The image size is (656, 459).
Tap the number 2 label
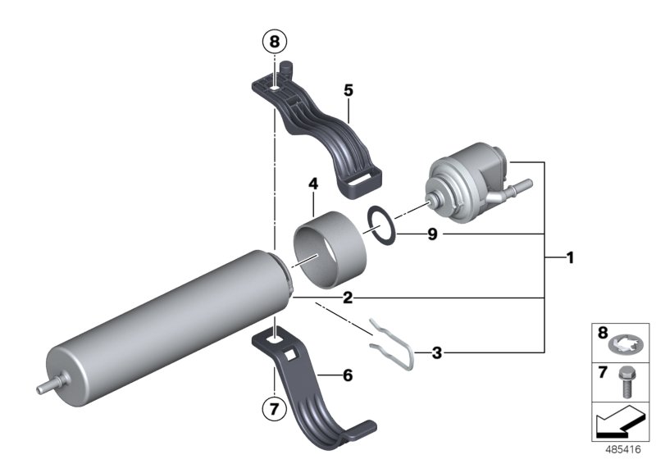348,298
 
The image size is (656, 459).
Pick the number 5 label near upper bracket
348,89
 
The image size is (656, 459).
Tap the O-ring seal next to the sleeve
382,223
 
